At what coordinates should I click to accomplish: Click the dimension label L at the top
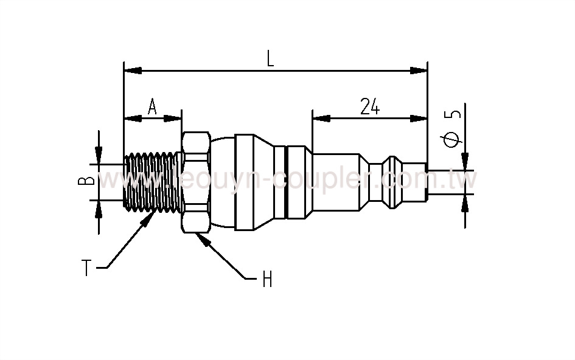270,59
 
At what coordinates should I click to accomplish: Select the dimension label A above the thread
152,108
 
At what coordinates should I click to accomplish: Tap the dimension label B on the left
87,181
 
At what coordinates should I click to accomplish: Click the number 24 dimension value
369,106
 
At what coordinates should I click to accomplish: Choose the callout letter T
87,268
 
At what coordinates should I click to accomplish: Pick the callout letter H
266,280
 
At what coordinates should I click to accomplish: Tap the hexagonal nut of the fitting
195,181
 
